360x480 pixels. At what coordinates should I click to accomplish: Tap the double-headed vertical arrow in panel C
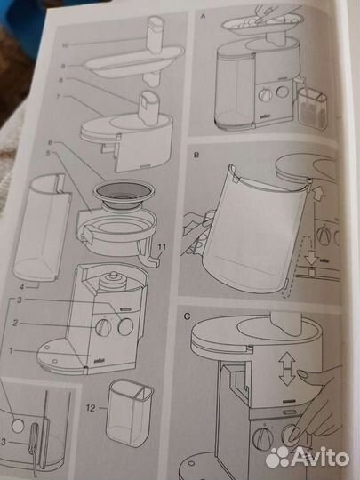(286, 365)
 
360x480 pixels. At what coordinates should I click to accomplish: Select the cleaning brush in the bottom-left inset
(34, 444)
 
